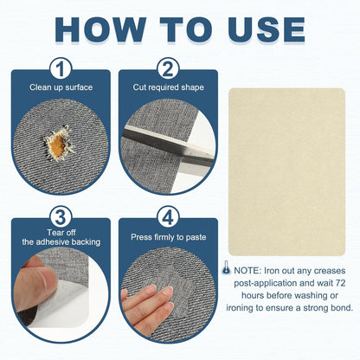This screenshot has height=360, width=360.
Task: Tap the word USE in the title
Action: pyautogui.click(x=267, y=29)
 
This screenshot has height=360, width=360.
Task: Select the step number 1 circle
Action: pyautogui.click(x=61, y=69)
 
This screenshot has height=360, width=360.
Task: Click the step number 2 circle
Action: pyautogui.click(x=168, y=69)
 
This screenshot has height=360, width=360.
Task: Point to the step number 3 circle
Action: pyautogui.click(x=61, y=217)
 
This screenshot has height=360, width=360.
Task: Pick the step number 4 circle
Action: pyautogui.click(x=168, y=217)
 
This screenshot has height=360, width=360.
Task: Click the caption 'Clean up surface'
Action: pyautogui.click(x=61, y=87)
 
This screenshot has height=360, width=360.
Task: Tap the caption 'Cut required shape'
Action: pyautogui.click(x=168, y=87)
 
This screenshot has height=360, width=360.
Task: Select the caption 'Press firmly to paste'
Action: pyautogui.click(x=169, y=237)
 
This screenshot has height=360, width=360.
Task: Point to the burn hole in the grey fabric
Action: pyautogui.click(x=59, y=143)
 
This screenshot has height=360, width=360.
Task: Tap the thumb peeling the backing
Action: pyautogui.click(x=35, y=283)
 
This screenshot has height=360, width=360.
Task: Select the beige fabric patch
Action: pyautogui.click(x=286, y=172)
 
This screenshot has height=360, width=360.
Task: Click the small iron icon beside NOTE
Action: pyautogui.click(x=227, y=267)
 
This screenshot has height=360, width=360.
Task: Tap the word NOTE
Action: pyautogui.click(x=247, y=271)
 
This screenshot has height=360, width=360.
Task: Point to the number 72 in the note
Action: pyautogui.click(x=340, y=283)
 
